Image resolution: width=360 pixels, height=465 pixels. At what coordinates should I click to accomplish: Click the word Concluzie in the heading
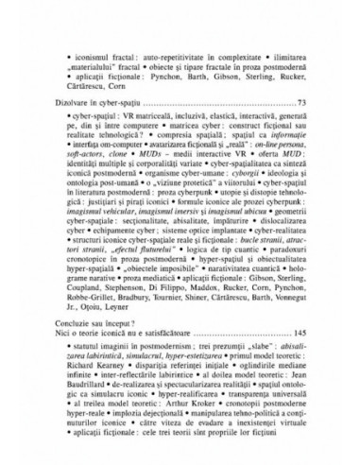pyautogui.click(x=78, y=322)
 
